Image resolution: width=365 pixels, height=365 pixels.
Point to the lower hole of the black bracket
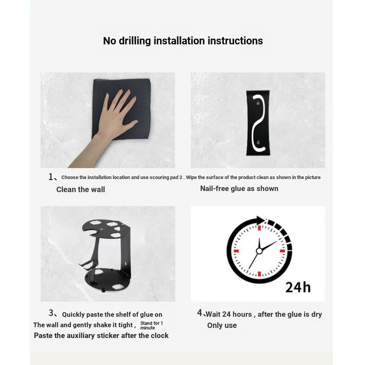point(258,142)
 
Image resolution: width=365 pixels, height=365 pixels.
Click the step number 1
point(51,177)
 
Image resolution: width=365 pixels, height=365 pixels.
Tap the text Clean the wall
point(81,189)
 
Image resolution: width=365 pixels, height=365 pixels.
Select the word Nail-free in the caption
point(214,188)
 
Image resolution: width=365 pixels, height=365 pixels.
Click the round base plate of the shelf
point(108,280)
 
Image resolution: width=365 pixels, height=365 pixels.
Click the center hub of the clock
point(259,251)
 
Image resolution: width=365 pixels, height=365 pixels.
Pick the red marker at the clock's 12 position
point(259,228)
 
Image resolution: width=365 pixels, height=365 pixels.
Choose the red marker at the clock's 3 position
point(282,251)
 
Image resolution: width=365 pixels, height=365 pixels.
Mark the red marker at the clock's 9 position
point(236,251)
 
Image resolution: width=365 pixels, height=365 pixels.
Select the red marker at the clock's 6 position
point(259,274)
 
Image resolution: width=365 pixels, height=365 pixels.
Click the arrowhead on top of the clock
point(261,220)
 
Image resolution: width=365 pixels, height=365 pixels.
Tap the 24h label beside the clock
point(298,287)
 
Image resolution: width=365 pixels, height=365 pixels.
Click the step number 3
point(51,313)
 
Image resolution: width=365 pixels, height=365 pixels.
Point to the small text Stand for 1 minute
point(152,325)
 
